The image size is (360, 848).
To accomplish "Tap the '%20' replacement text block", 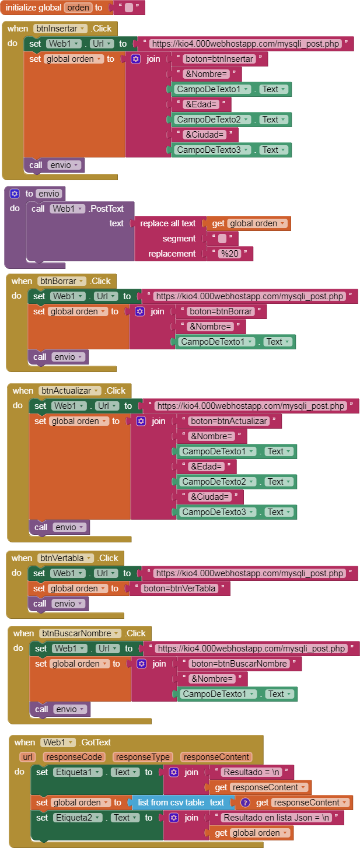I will pyautogui.click(x=230, y=254).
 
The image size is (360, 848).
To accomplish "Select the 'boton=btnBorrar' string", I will pyautogui.click(x=221, y=311).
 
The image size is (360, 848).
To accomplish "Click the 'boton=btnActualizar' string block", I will pyautogui.click(x=229, y=421).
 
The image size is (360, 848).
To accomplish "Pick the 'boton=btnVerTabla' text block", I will pyautogui.click(x=181, y=588).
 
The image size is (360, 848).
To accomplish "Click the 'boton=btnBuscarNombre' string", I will pyautogui.click(x=239, y=664).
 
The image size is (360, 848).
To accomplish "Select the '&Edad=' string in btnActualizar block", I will pyautogui.click(x=207, y=467).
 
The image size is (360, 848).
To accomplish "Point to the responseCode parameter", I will pyautogui.click(x=75, y=757).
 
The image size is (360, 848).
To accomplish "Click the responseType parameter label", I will pyautogui.click(x=142, y=757).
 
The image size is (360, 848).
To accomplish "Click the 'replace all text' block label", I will pyautogui.click(x=168, y=223).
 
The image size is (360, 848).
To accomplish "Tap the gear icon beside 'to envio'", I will pyautogui.click(x=15, y=193).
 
